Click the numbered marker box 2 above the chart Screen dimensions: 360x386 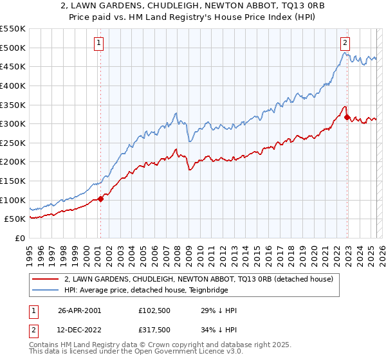(345, 43)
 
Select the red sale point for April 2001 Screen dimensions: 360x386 (100, 199)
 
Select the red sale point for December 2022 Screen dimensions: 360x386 (347, 118)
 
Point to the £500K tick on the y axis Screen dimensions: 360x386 (13, 48)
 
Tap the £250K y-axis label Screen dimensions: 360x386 (13, 143)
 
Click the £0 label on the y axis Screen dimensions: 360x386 (19, 238)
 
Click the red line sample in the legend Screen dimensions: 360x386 (44, 280)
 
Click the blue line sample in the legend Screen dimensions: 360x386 (44, 290)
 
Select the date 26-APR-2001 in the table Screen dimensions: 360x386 (79, 310)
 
